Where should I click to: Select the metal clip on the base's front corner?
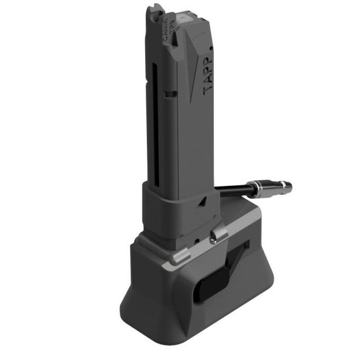point(179,258)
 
